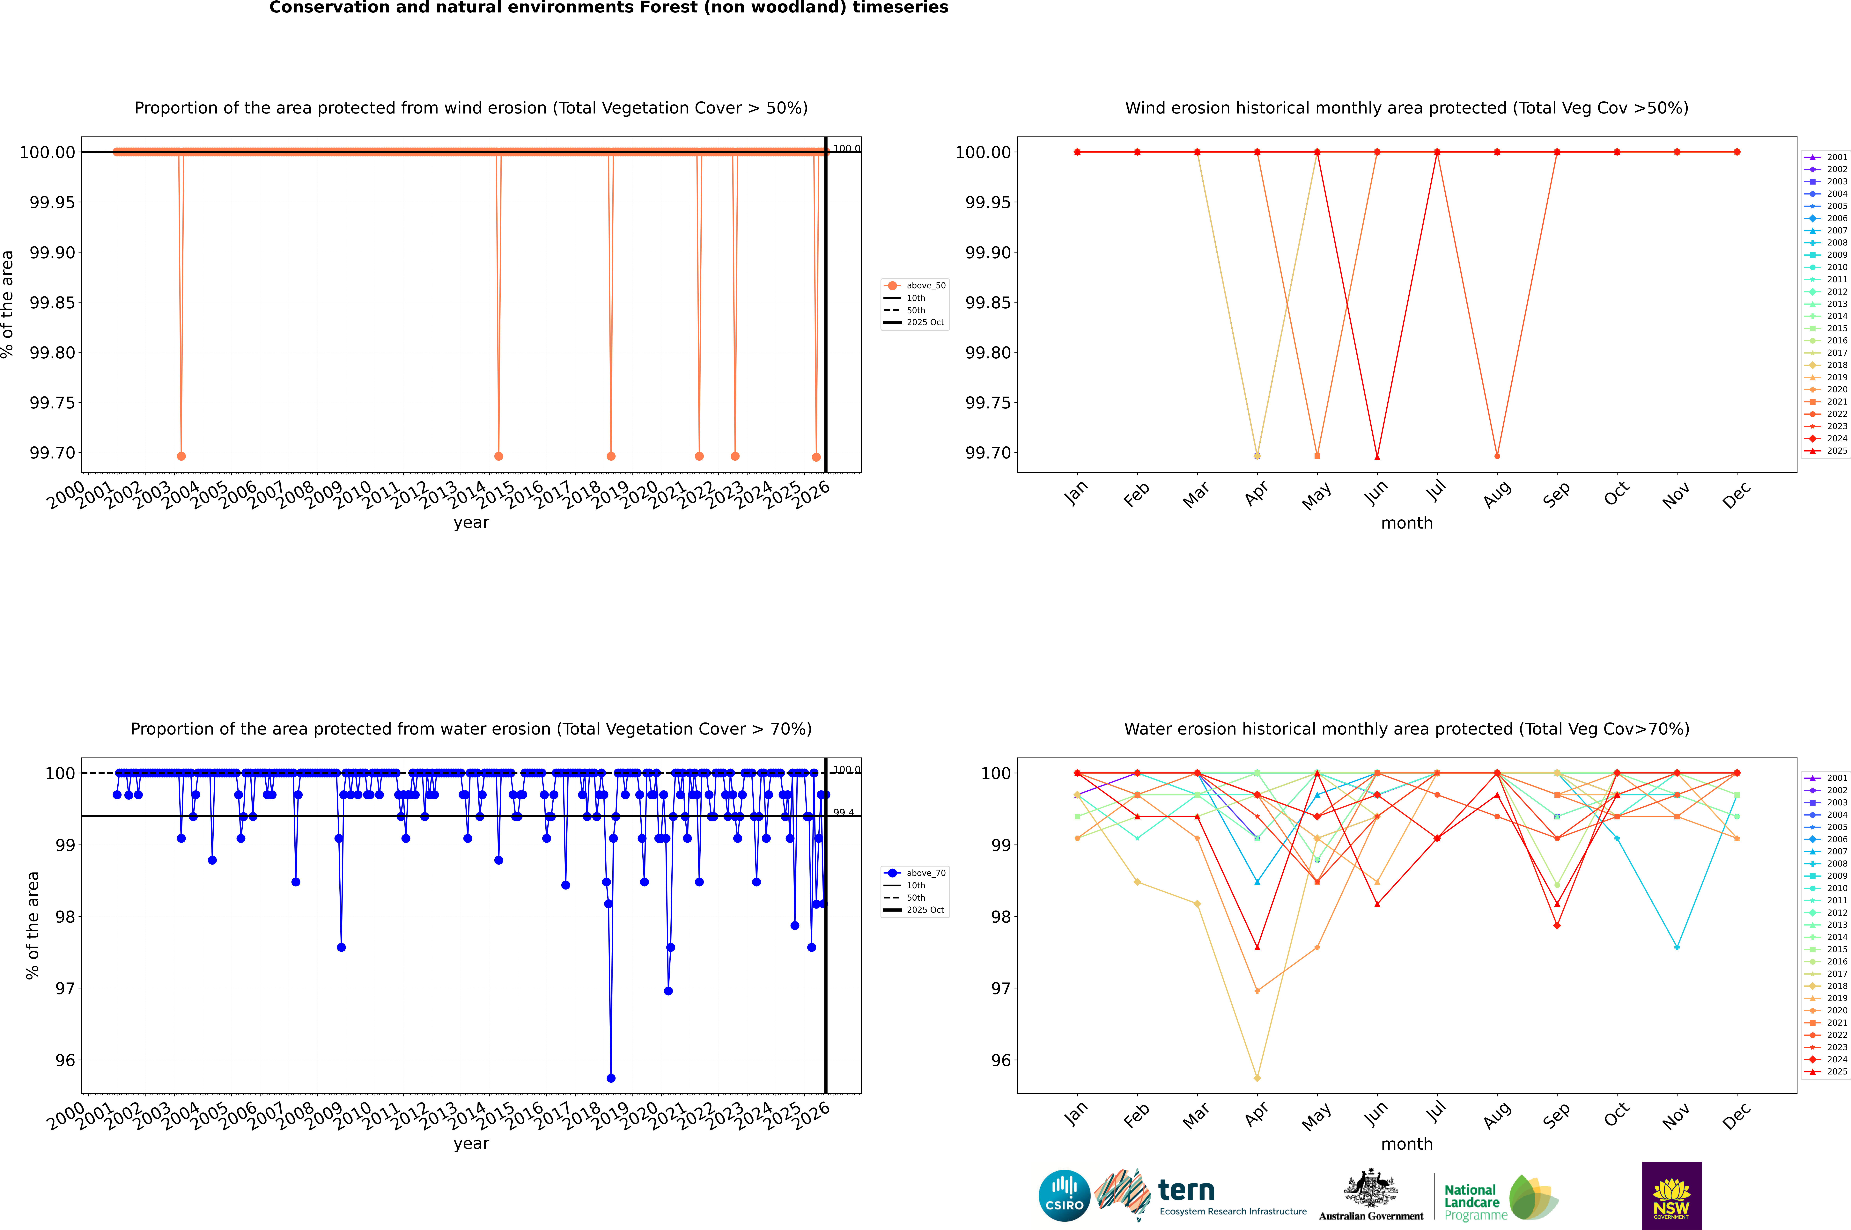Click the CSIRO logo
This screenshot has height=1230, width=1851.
[1064, 1196]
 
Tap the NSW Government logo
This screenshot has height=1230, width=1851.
[1671, 1196]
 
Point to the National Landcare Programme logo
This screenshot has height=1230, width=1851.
[1499, 1198]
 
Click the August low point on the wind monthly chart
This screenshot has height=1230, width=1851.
[1497, 456]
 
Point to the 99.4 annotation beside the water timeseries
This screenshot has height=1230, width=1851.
[844, 813]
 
